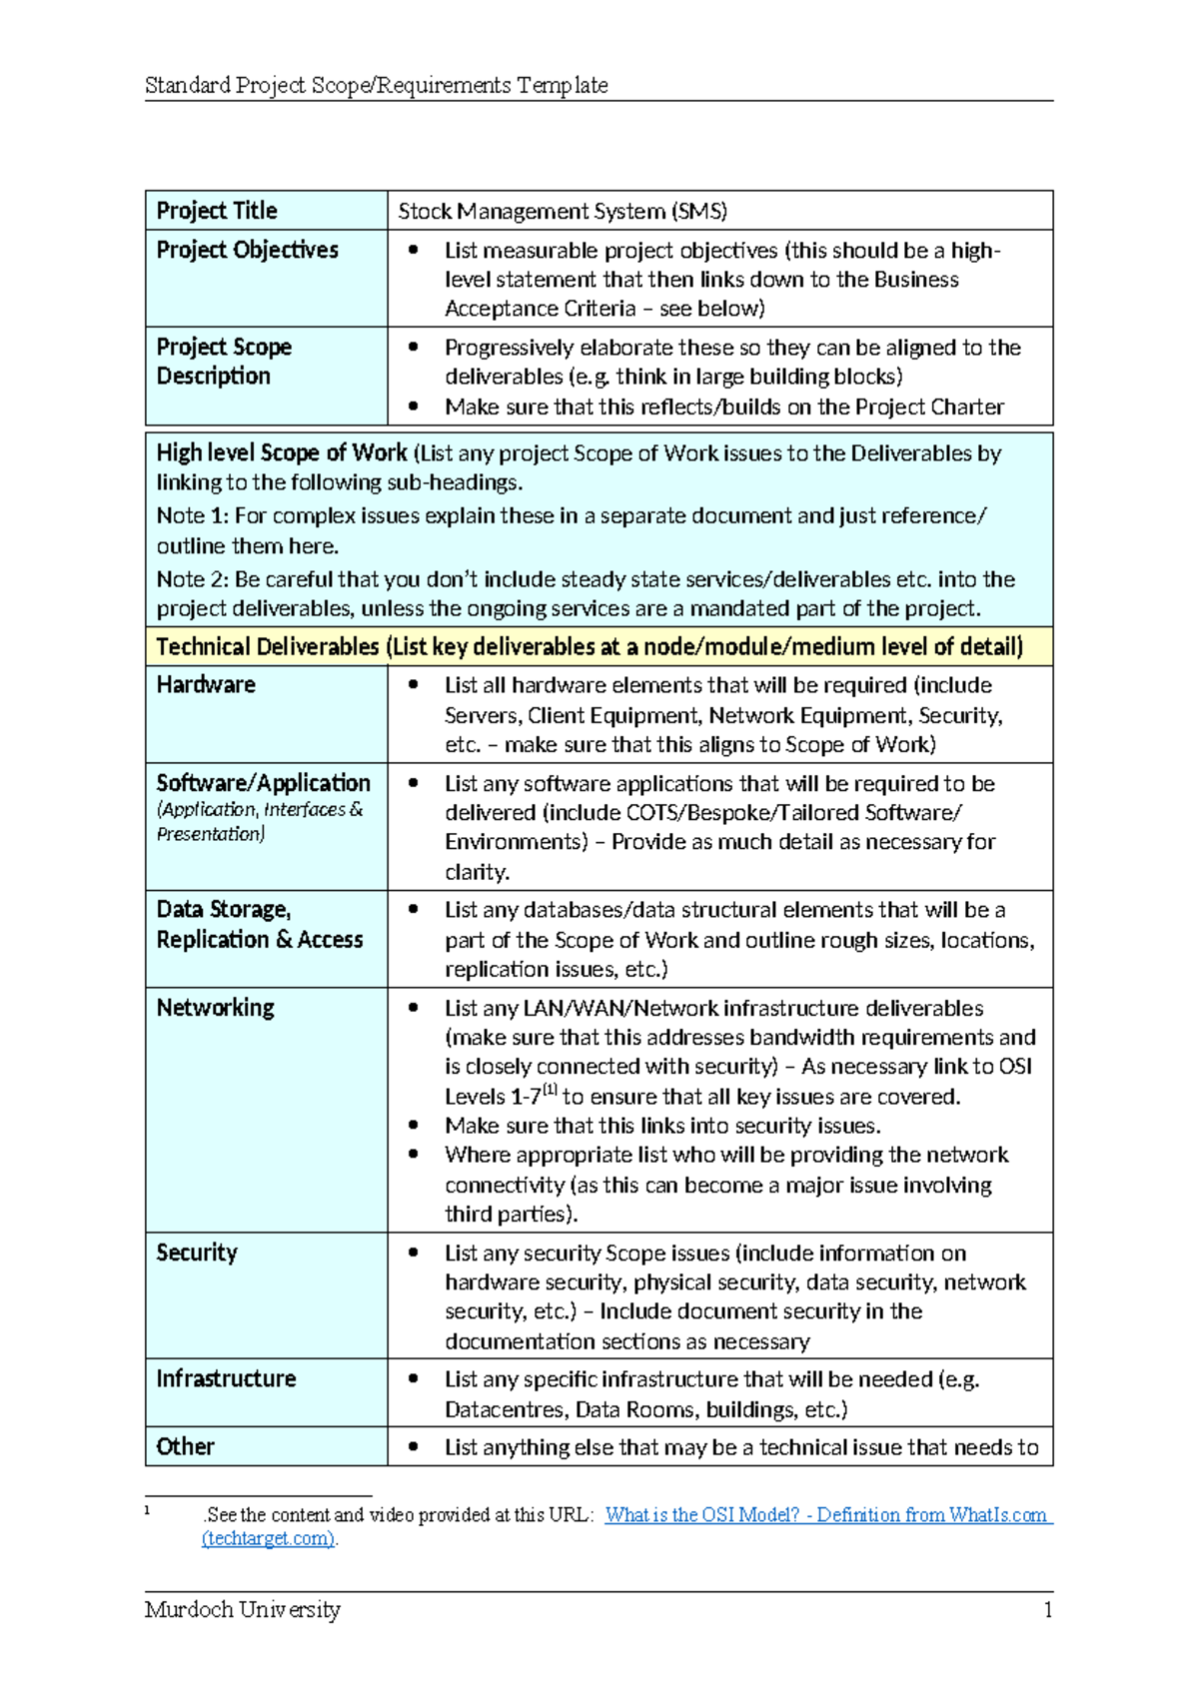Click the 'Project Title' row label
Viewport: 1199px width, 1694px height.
(217, 211)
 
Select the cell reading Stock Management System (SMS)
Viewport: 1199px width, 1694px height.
(563, 212)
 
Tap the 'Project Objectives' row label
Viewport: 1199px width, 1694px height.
(247, 250)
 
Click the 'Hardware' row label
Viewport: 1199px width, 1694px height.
(206, 685)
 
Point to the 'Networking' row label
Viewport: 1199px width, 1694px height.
(215, 1008)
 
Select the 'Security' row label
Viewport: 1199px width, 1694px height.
(197, 1253)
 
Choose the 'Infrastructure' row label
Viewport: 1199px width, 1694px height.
(226, 1379)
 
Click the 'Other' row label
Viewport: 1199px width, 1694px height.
(185, 1447)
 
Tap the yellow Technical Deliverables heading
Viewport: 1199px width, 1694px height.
(590, 647)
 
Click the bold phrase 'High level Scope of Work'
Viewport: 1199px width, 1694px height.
(282, 453)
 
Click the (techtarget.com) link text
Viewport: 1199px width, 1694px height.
(268, 1539)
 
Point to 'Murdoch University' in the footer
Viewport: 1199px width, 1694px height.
(242, 1610)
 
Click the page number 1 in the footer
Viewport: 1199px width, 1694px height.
(1047, 1610)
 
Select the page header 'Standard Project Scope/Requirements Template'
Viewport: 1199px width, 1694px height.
(376, 86)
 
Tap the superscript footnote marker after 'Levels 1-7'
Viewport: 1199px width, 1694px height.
(550, 1091)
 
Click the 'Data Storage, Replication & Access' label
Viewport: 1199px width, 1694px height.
(259, 925)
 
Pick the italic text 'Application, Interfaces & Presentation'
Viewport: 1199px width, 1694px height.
(259, 822)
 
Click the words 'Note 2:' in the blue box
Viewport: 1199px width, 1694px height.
(193, 580)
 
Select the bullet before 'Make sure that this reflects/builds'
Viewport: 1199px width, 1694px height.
(413, 407)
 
